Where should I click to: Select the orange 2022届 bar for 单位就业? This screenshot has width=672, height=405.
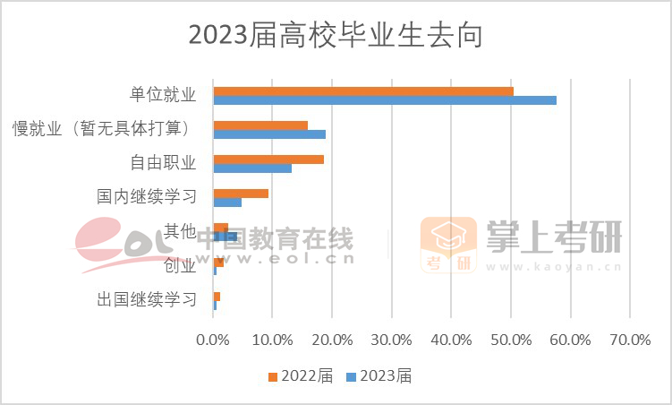[x=363, y=90]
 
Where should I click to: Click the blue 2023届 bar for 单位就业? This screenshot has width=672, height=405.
[x=385, y=100]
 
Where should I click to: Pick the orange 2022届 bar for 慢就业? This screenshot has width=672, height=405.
[x=260, y=125]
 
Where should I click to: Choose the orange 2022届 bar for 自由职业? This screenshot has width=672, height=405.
[x=268, y=159]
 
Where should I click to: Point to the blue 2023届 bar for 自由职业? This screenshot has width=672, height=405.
[x=252, y=168]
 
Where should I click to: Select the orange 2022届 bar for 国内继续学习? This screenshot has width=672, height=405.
[x=241, y=193]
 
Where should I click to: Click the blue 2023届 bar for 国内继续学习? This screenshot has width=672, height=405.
[x=227, y=202]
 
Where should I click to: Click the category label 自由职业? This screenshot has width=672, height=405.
[x=162, y=163]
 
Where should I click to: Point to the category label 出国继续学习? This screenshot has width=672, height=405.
[x=146, y=299]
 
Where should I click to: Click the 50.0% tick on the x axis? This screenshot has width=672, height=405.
[x=511, y=340]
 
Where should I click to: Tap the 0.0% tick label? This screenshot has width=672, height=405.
[x=213, y=340]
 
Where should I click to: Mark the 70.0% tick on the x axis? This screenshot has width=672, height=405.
[x=630, y=340]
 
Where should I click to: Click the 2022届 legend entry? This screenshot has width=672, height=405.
[x=301, y=376]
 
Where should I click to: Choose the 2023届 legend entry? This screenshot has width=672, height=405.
[x=379, y=376]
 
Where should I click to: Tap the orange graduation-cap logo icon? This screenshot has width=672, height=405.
[x=448, y=245]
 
